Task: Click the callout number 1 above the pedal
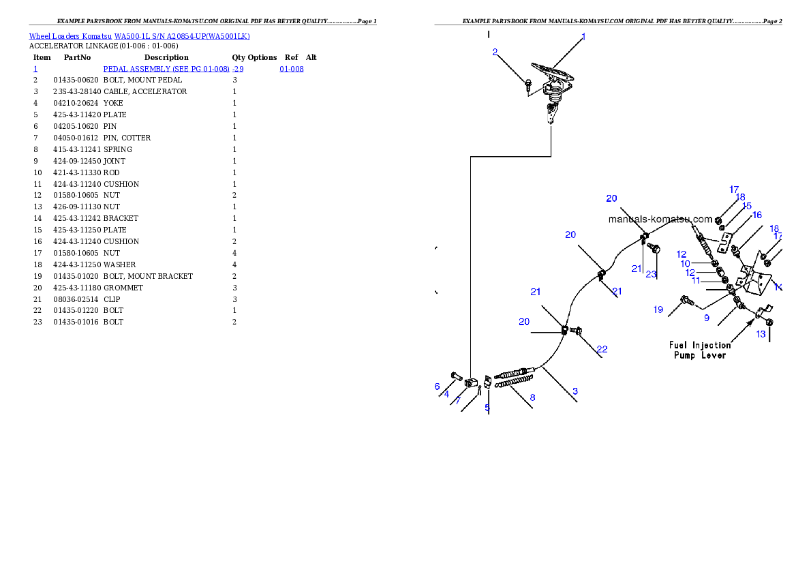click(583, 37)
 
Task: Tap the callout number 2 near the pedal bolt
click(495, 52)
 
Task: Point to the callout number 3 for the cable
click(575, 391)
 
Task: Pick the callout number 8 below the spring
click(532, 397)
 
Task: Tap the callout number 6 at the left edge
click(437, 387)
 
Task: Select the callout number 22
click(602, 350)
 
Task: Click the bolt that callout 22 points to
click(577, 331)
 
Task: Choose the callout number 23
click(651, 274)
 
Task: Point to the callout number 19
click(658, 309)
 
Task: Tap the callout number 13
click(761, 334)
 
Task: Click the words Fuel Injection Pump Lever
click(700, 350)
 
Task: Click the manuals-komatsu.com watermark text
click(660, 220)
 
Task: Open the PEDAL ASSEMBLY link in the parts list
click(173, 69)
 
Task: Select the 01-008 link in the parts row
click(291, 69)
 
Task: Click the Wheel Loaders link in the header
click(54, 36)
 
